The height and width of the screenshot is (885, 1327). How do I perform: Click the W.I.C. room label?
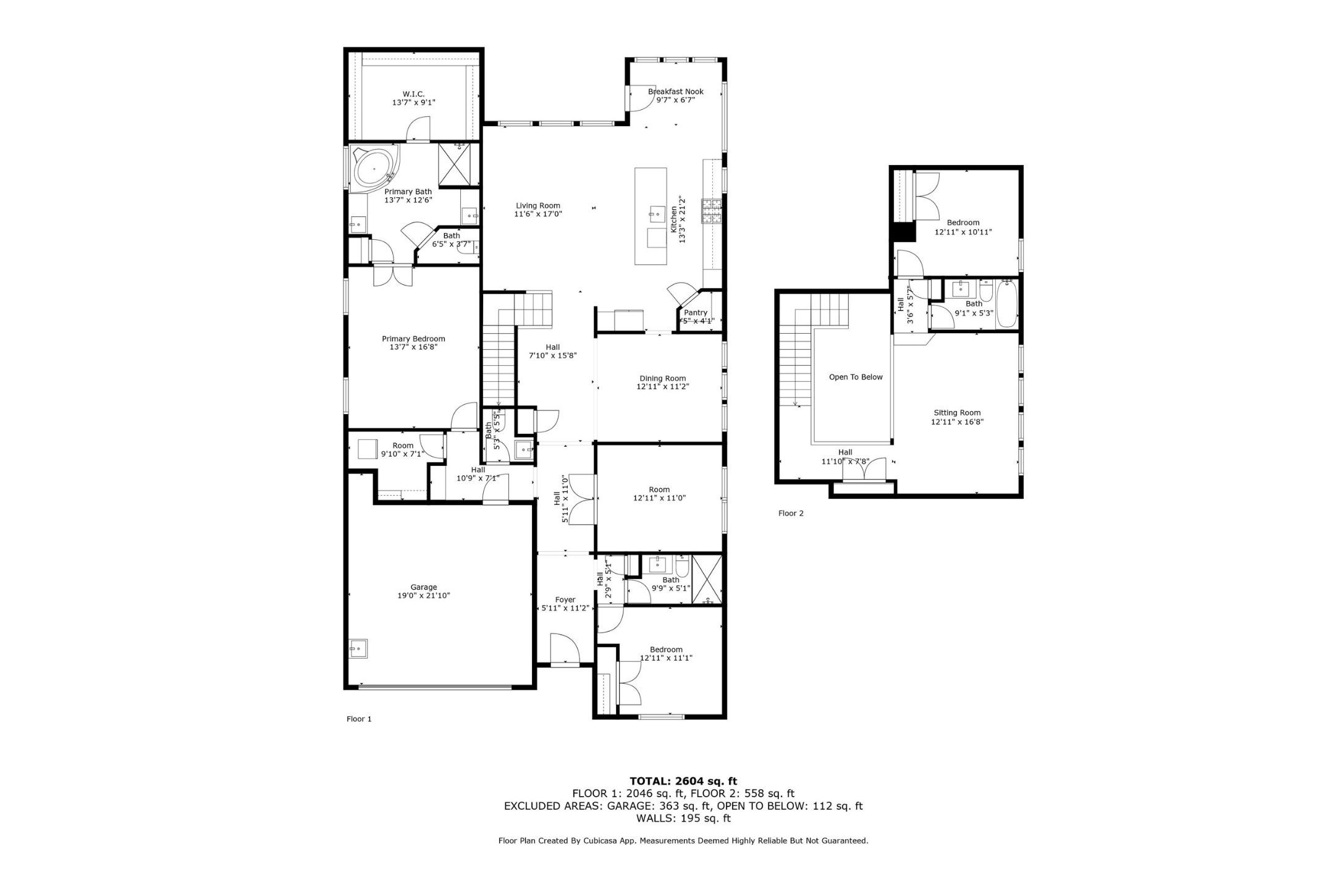413,94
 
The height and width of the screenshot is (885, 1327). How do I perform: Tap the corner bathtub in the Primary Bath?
372,167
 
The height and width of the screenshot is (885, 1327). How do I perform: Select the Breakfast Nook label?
675,91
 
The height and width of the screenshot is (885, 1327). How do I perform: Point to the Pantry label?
696,313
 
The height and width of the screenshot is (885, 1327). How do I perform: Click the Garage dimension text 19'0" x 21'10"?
423,596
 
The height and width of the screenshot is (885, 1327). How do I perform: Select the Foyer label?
565,599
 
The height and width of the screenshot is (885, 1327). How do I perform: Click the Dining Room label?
662,378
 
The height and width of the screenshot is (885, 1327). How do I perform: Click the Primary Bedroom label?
413,339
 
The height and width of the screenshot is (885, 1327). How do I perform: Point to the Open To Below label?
856,377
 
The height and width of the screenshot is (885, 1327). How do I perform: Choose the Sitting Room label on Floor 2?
957,413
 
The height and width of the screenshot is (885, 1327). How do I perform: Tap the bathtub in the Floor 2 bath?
1006,303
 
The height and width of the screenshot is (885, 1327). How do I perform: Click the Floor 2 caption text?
791,513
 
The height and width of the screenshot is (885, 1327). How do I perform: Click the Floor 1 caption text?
359,719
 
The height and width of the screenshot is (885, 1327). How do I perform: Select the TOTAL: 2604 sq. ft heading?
683,781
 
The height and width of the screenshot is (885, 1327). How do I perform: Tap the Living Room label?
537,206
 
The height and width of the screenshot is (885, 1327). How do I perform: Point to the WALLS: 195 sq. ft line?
683,818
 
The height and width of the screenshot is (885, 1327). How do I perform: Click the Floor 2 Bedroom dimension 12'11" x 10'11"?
963,232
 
